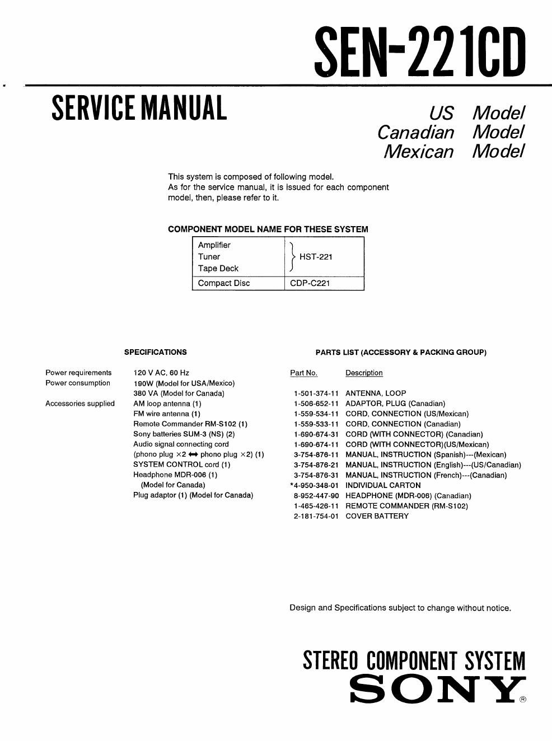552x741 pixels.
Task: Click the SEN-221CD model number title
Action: click(x=420, y=53)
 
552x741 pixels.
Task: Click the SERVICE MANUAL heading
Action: click(x=139, y=108)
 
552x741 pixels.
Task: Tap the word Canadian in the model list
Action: click(x=415, y=132)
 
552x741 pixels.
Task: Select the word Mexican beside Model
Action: click(x=418, y=151)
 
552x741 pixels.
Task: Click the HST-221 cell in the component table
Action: click(x=316, y=257)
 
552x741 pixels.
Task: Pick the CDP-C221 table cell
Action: click(x=310, y=283)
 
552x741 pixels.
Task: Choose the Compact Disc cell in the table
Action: click(x=224, y=283)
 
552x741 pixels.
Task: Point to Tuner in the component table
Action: click(x=209, y=257)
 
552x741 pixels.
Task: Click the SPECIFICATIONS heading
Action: click(x=156, y=352)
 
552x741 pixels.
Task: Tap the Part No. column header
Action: click(x=303, y=373)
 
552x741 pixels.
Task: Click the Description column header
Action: click(x=364, y=373)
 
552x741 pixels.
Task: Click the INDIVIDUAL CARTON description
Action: click(x=383, y=485)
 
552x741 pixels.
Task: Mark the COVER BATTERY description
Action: click(x=377, y=516)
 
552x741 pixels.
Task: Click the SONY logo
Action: click(x=438, y=690)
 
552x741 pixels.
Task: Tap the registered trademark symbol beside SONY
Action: click(x=523, y=699)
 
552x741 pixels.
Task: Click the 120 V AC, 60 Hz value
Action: click(x=161, y=373)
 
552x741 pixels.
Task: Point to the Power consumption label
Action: click(x=78, y=383)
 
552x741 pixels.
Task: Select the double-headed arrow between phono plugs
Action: click(x=193, y=454)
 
